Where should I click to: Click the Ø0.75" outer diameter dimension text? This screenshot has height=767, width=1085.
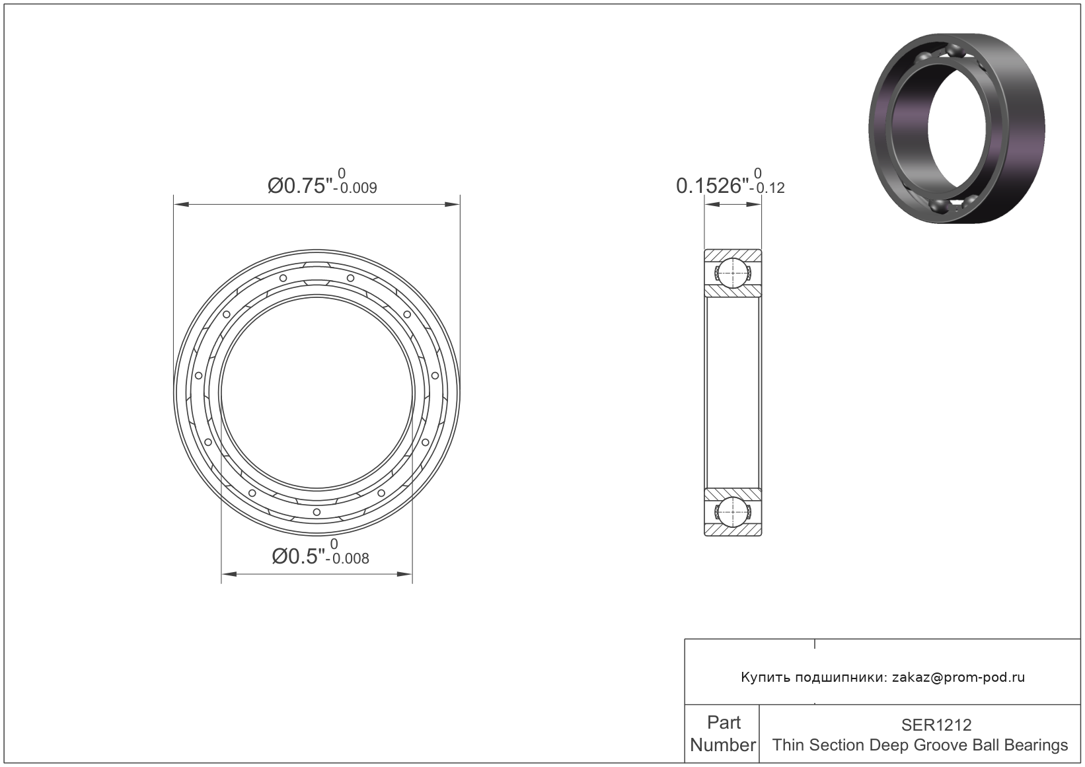click(x=300, y=186)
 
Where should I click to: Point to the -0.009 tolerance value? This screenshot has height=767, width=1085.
click(x=355, y=188)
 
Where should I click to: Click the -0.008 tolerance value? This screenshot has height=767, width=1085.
click(x=348, y=560)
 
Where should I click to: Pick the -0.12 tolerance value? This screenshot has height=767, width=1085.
click(x=767, y=188)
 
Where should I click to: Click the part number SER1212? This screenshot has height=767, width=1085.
click(x=936, y=725)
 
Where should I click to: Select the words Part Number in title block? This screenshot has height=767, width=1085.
click(x=723, y=733)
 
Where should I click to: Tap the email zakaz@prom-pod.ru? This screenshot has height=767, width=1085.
click(x=958, y=677)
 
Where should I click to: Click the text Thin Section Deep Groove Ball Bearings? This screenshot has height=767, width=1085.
click(x=920, y=745)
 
